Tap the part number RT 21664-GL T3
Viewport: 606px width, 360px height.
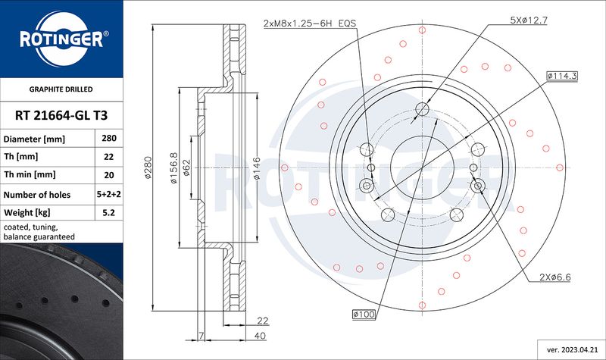click(61, 115)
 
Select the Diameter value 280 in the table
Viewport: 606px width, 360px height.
click(109, 138)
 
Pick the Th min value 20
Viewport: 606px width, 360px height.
click(109, 175)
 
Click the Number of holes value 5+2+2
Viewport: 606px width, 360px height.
click(108, 194)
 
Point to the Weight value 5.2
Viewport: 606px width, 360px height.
click(109, 212)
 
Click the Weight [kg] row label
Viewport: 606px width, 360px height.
click(27, 213)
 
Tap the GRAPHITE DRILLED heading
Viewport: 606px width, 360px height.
click(61, 89)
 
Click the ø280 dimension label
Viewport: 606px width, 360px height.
click(148, 167)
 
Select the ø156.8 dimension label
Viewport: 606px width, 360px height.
click(173, 167)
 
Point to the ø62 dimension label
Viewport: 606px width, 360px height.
click(186, 167)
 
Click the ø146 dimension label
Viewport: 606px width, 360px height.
click(256, 168)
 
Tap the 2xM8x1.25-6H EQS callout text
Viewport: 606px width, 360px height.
click(310, 23)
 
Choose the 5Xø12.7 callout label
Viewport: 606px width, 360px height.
click(529, 20)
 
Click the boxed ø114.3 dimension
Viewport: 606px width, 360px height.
click(562, 76)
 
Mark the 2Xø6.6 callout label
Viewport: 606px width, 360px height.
click(555, 277)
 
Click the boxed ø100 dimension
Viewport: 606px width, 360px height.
click(364, 315)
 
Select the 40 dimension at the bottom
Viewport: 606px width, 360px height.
click(261, 336)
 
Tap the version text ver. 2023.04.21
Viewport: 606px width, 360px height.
click(572, 350)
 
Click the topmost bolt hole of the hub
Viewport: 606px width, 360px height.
click(423, 109)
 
